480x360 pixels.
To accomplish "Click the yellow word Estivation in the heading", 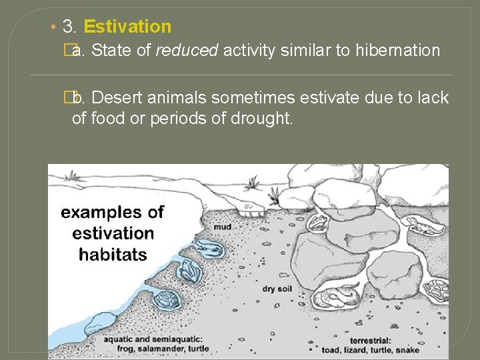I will point(128,27).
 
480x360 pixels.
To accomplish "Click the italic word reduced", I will point(187,50).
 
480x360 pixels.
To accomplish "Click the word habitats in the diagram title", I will point(113,254).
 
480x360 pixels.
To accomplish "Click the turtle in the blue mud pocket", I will point(166,299).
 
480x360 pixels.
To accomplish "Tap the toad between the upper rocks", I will point(318,221).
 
